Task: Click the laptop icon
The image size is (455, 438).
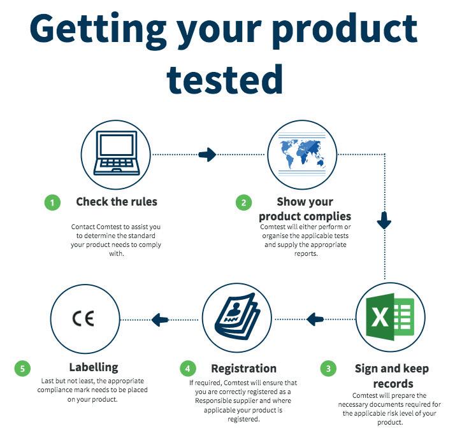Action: (117, 153)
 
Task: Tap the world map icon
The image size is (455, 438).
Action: (302, 155)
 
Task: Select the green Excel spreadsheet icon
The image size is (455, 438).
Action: (390, 317)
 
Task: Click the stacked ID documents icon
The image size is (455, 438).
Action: (237, 316)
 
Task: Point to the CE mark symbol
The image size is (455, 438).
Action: (83, 318)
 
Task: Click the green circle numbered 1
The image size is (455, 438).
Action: (52, 202)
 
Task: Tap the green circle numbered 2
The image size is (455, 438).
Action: (243, 202)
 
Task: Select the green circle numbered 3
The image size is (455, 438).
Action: (328, 369)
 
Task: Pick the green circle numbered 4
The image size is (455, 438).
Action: (188, 369)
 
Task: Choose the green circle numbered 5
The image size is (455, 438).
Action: (22, 369)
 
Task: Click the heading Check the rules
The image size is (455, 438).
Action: (117, 201)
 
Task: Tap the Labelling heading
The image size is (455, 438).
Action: (94, 367)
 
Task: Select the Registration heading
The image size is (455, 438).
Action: (243, 369)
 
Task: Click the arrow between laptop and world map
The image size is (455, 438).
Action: (207, 155)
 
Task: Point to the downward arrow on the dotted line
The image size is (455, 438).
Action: (384, 220)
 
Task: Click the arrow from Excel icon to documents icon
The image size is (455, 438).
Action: (315, 320)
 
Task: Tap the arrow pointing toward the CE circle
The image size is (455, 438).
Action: (160, 320)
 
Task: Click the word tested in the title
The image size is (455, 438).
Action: (225, 79)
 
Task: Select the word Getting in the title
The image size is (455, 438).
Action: (98, 30)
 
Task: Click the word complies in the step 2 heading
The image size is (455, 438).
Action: (328, 216)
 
